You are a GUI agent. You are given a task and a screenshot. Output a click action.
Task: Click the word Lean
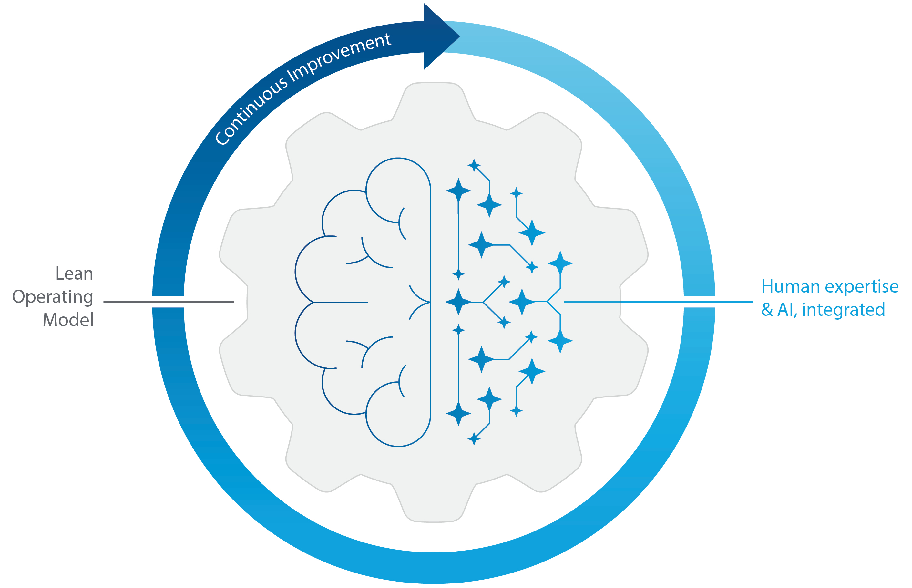point(75,274)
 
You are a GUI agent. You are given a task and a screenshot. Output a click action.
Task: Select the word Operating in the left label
point(53,297)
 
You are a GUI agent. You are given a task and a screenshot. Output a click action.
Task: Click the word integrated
point(843,310)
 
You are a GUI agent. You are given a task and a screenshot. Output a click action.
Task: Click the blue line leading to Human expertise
point(658,302)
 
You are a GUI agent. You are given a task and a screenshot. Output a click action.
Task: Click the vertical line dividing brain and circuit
point(431,302)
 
